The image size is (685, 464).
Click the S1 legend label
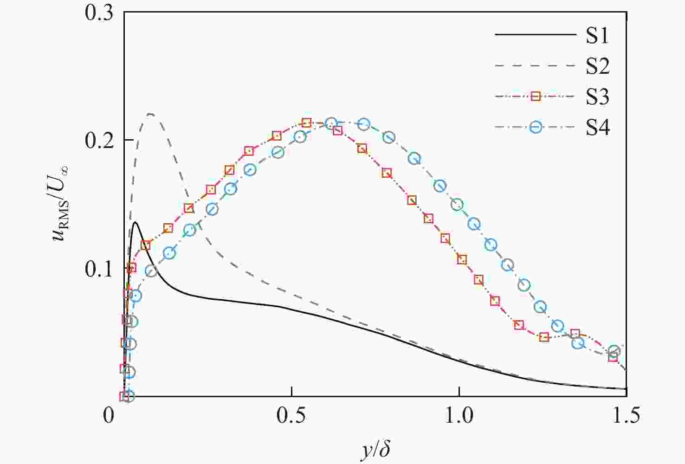click(597, 36)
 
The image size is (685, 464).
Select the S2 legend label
click(597, 66)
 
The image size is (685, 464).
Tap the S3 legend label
click(597, 97)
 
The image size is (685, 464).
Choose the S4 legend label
click(597, 128)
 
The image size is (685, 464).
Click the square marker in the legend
click(536, 97)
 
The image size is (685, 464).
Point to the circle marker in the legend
click(536, 127)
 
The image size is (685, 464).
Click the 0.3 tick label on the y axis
click(99, 13)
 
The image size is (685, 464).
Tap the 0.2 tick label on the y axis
click(99, 140)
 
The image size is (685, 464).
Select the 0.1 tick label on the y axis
click(99, 269)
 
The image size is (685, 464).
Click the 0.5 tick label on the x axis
click(291, 415)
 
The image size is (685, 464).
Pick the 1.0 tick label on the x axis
click(459, 415)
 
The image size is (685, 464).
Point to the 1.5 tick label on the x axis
click(626, 415)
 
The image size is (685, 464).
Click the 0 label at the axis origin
click(108, 415)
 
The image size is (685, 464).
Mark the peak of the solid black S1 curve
click(136, 222)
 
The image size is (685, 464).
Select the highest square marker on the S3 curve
click(306, 123)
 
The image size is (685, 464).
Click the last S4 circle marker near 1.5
click(614, 351)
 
